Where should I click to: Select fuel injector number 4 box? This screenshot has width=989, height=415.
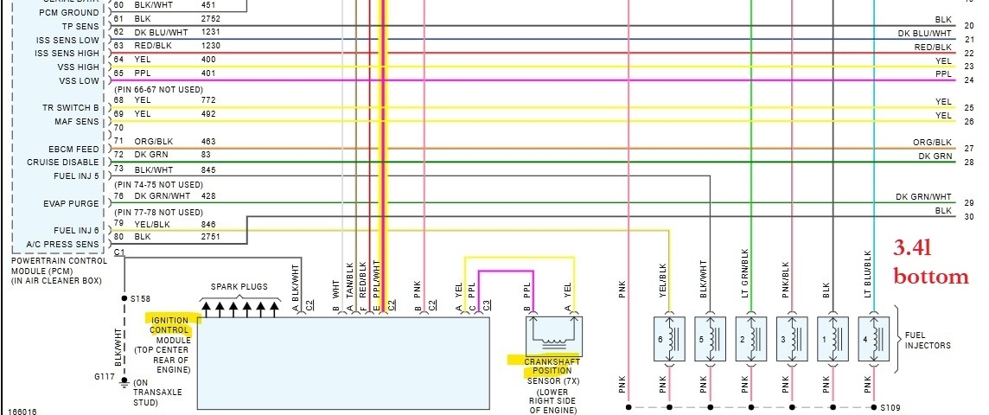pyautogui.click(x=874, y=340)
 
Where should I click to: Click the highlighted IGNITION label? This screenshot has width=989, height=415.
pyautogui.click(x=169, y=320)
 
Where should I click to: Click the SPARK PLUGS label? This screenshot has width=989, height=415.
pyautogui.click(x=239, y=286)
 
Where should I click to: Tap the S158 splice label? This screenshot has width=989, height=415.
pyautogui.click(x=140, y=297)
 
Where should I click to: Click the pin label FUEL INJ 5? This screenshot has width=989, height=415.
pyautogui.click(x=79, y=176)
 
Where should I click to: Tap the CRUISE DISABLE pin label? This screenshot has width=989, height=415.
pyautogui.click(x=63, y=163)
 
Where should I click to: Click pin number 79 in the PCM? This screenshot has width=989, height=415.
pyautogui.click(x=118, y=224)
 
